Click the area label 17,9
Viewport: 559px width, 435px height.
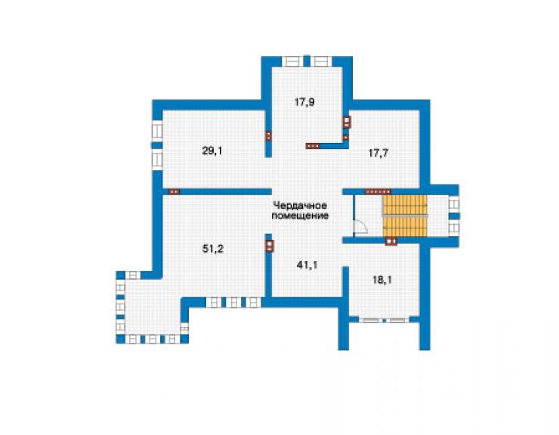coord(304,102)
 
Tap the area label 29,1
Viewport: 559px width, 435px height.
coord(212,151)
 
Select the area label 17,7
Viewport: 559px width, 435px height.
coord(378,154)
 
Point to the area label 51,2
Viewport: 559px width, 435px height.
coord(213,249)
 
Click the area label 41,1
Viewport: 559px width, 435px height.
coord(307,266)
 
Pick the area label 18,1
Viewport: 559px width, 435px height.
coord(382,280)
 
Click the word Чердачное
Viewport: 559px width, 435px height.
coord(300,206)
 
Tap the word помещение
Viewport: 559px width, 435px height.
coord(300,216)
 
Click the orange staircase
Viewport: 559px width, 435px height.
coord(405,216)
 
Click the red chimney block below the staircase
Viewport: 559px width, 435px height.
coord(391,241)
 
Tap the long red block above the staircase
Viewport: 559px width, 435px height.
coord(378,191)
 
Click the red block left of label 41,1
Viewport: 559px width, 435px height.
coord(270,246)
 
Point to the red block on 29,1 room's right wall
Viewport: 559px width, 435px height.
coord(268,135)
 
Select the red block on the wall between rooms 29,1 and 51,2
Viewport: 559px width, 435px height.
coord(174,191)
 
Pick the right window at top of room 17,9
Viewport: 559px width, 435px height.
coord(322,61)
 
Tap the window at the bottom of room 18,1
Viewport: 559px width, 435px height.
coord(384,320)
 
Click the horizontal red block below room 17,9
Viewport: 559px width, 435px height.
coord(313,146)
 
